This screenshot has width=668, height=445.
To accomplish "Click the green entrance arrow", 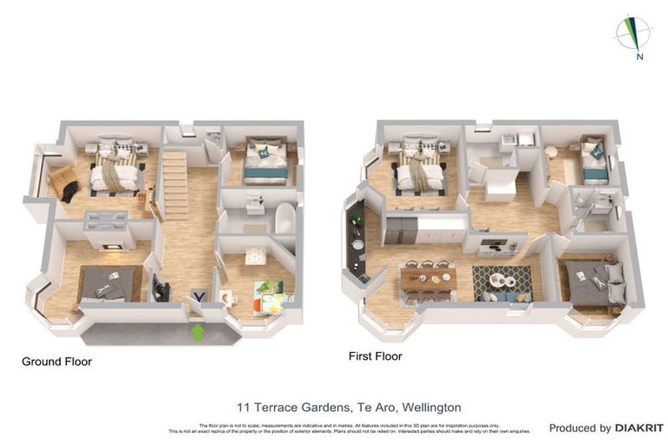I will point(197,331).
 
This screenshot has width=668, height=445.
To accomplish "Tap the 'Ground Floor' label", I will point(57,362).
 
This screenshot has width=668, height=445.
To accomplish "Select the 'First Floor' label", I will point(375,356).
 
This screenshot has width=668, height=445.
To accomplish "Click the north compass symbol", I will point(634,36).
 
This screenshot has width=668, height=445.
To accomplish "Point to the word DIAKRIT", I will point(639,428).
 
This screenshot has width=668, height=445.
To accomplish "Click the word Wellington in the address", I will point(430,407).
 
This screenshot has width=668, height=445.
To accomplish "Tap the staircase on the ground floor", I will point(175,185).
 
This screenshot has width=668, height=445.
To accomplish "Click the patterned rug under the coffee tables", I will point(501,281).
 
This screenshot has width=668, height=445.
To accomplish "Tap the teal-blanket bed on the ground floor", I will point(265,164).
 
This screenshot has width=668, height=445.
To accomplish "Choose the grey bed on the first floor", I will point(598,283).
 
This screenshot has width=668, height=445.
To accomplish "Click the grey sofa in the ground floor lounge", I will point(110,283).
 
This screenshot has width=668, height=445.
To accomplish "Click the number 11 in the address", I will point(244,407).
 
